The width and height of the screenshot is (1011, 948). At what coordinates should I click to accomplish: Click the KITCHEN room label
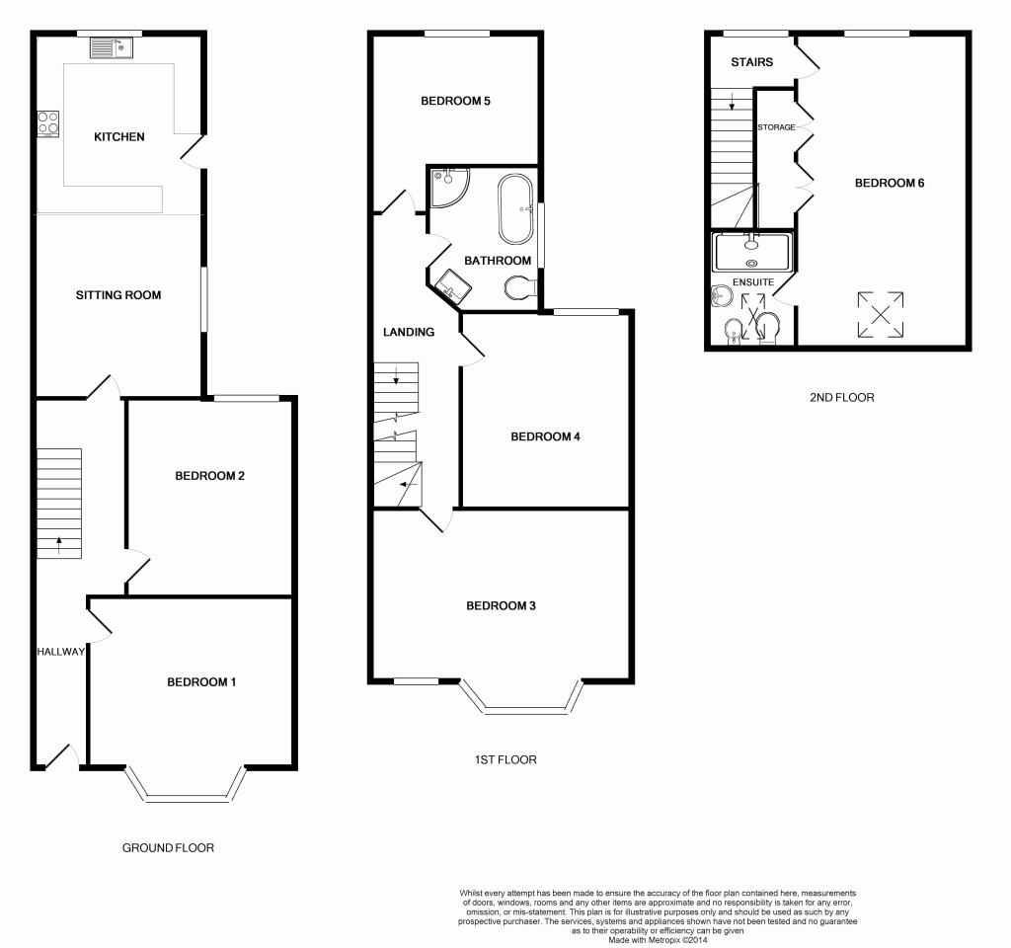pyautogui.click(x=119, y=137)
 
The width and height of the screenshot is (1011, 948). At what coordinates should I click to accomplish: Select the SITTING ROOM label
pyautogui.click(x=118, y=295)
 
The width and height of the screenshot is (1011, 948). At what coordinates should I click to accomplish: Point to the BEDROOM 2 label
pyautogui.click(x=209, y=476)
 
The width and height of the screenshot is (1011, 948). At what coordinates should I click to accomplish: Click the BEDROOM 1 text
pyautogui.click(x=201, y=682)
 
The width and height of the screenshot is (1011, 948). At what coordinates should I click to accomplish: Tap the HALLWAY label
pyautogui.click(x=61, y=652)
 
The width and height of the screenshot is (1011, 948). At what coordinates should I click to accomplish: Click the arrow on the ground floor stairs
pyautogui.click(x=59, y=542)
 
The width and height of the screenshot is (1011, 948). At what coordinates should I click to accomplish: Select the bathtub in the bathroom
pyautogui.click(x=516, y=209)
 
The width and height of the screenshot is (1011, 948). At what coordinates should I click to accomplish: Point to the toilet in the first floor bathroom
pyautogui.click(x=521, y=288)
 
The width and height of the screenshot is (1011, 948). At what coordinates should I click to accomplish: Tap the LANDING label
pyautogui.click(x=409, y=333)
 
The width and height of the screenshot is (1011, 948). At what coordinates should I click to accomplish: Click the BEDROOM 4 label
pyautogui.click(x=544, y=437)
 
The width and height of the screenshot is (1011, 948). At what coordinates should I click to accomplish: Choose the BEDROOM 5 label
pyautogui.click(x=455, y=101)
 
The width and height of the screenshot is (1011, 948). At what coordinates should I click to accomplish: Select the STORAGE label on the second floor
pyautogui.click(x=776, y=127)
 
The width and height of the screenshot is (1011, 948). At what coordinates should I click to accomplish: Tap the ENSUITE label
pyautogui.click(x=752, y=283)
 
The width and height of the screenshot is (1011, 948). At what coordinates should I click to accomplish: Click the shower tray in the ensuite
pyautogui.click(x=752, y=251)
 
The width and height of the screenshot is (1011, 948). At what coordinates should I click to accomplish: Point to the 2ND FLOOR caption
pyautogui.click(x=840, y=398)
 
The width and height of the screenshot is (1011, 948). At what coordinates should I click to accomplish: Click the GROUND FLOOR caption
pyautogui.click(x=168, y=848)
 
